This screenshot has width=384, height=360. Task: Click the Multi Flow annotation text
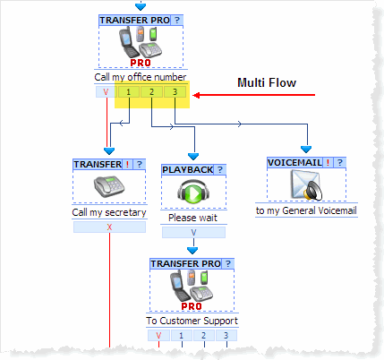pyautogui.click(x=267, y=82)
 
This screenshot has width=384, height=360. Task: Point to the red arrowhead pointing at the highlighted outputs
pyautogui.click(x=196, y=95)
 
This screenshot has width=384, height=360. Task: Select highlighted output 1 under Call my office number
pyautogui.click(x=129, y=92)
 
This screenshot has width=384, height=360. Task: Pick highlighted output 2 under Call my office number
pyautogui.click(x=151, y=92)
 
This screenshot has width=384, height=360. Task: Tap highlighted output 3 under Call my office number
pyautogui.click(x=175, y=92)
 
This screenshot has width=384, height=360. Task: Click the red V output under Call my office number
pyautogui.click(x=106, y=92)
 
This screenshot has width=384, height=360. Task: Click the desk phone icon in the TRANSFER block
pyautogui.click(x=109, y=186)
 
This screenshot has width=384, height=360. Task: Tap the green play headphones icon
pyautogui.click(x=193, y=192)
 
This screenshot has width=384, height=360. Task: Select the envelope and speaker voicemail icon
pyautogui.click(x=306, y=185)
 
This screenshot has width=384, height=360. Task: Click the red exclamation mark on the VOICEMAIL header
pyautogui.click(x=328, y=163)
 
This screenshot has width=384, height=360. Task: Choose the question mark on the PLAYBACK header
pyautogui.click(x=220, y=170)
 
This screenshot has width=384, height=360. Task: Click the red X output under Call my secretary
pyautogui.click(x=109, y=227)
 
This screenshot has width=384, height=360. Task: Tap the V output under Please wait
pyautogui.click(x=193, y=233)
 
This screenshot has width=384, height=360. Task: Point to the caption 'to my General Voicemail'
pyautogui.click(x=306, y=210)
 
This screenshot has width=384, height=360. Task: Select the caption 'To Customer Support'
pyautogui.click(x=192, y=321)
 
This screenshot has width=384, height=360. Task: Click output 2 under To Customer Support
pyautogui.click(x=204, y=336)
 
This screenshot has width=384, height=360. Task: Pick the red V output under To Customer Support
pyautogui.click(x=158, y=336)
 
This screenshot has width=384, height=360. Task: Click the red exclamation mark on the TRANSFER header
pyautogui.click(x=127, y=165)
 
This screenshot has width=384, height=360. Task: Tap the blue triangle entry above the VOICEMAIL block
pyautogui.click(x=306, y=150)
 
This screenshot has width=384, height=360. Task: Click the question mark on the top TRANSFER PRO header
pyautogui.click(x=177, y=21)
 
